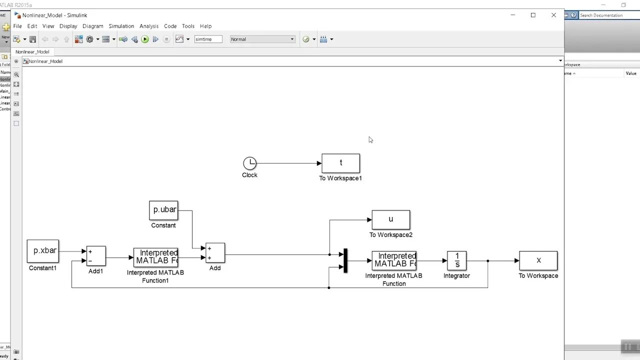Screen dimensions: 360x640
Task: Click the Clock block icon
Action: click(x=249, y=163)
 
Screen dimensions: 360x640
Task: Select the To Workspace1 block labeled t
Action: click(x=340, y=163)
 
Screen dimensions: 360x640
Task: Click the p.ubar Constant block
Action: click(x=163, y=210)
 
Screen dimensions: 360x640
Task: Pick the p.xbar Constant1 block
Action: click(x=43, y=251)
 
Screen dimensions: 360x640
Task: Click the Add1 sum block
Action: click(x=96, y=256)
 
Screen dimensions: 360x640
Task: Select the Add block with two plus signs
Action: click(x=215, y=253)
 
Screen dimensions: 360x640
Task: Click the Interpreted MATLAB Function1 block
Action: click(x=155, y=257)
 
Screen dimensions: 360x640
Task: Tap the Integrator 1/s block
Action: click(x=456, y=260)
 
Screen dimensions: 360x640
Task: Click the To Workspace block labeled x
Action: click(x=538, y=260)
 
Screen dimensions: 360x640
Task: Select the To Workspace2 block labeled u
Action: click(x=390, y=219)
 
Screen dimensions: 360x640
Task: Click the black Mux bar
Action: click(x=345, y=260)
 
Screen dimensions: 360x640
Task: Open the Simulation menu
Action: click(x=121, y=26)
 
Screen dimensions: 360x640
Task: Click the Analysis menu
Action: click(x=149, y=26)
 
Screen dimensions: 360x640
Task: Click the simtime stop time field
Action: click(x=208, y=39)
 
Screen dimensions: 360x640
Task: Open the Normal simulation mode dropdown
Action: click(x=262, y=39)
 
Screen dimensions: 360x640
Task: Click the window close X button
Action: click(x=553, y=15)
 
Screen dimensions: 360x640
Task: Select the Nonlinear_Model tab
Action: click(x=32, y=52)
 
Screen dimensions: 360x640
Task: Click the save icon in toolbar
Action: click(x=32, y=39)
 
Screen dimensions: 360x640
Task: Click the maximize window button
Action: click(x=533, y=15)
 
